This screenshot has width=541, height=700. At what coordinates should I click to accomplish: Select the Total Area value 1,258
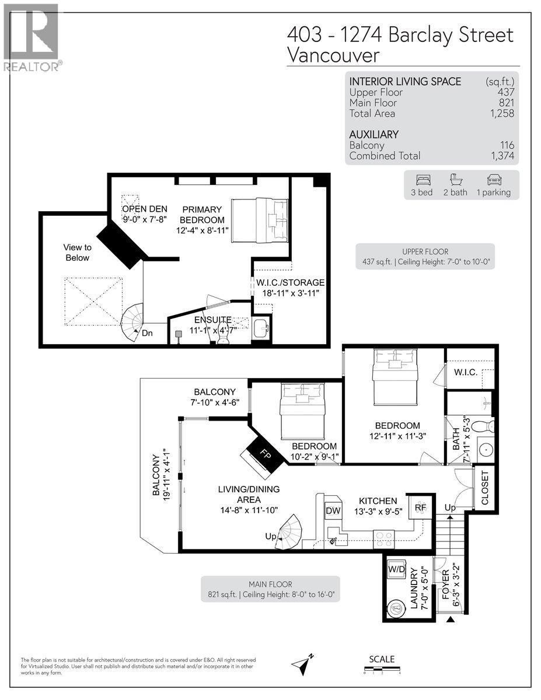pos(501,114)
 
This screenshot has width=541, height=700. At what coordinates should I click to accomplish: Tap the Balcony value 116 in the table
pos(506,145)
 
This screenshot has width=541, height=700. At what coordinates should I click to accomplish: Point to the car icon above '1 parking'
pos(494,180)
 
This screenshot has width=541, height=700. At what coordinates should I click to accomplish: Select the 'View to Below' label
pos(78,253)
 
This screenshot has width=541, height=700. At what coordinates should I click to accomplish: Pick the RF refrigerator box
pos(421,508)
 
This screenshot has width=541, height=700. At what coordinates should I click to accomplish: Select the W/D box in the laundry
pos(397,568)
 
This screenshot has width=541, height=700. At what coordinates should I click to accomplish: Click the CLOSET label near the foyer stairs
pos(485,488)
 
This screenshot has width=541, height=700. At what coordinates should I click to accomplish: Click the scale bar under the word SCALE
pos(381,669)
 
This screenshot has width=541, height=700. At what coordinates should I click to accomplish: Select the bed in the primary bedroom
pos(260,219)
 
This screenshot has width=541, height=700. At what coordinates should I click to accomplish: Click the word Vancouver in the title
pos(333,55)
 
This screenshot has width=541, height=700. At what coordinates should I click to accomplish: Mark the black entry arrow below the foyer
pos(450,619)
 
